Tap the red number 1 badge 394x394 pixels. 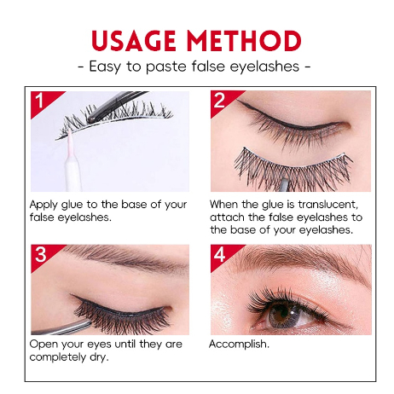pos(39,101)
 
